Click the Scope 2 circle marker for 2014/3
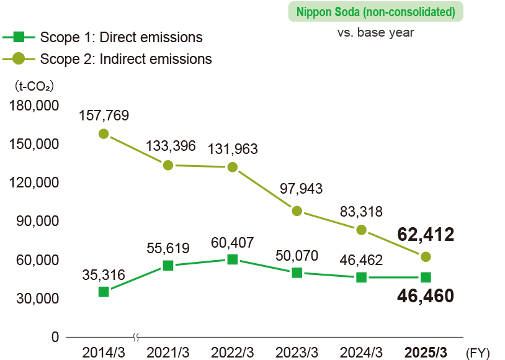[x=104, y=134]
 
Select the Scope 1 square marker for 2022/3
[x=233, y=259]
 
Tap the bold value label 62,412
[x=426, y=234]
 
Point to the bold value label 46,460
[x=426, y=295]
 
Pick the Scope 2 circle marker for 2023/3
[x=297, y=211]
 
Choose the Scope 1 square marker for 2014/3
[x=104, y=292]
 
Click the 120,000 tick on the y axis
[x=35, y=182]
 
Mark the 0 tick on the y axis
[x=54, y=337]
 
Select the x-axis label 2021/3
[x=168, y=353]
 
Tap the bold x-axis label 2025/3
[x=426, y=353]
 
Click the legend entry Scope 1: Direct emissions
[x=121, y=37]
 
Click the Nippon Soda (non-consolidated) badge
[x=376, y=12]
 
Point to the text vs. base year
[x=376, y=32]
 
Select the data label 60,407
[x=233, y=242]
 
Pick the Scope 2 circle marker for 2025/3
[x=426, y=257]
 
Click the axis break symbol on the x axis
[x=136, y=337]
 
